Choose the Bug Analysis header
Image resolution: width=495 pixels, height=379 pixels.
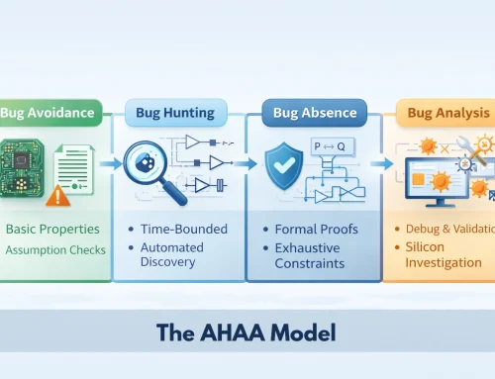pyautogui.click(x=447, y=113)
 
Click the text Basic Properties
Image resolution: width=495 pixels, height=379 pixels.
pyautogui.click(x=52, y=231)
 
